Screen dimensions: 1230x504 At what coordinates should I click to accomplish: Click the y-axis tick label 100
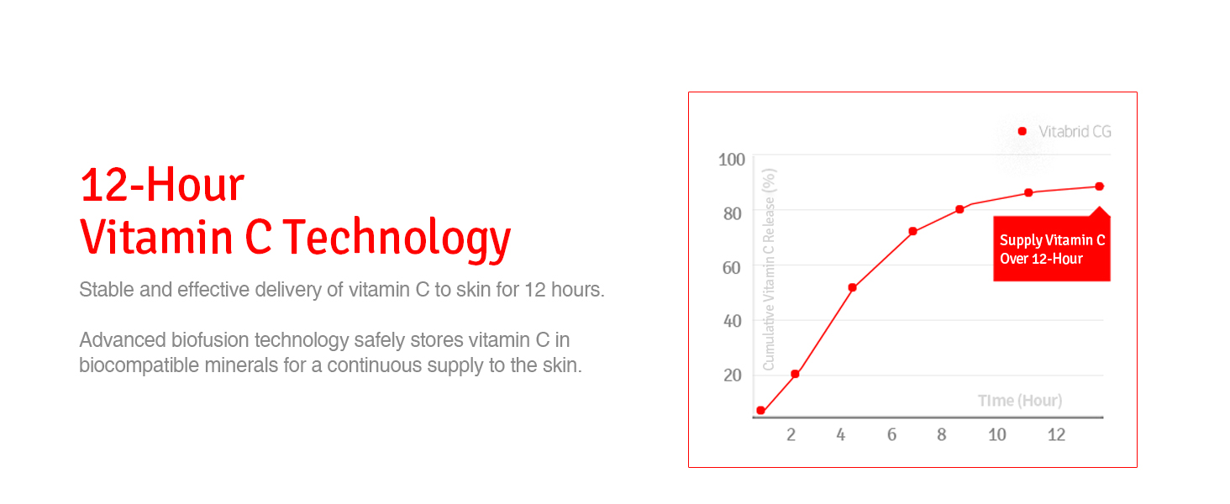(x=732, y=160)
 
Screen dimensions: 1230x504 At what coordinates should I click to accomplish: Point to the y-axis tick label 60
(x=732, y=268)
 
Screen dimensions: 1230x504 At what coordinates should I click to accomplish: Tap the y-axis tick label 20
(x=733, y=375)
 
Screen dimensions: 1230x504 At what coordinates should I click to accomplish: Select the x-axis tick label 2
(x=791, y=435)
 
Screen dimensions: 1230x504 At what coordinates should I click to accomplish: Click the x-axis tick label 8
(x=941, y=435)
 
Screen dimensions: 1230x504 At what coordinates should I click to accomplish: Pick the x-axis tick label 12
(x=1056, y=435)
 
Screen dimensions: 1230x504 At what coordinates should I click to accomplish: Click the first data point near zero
(x=760, y=410)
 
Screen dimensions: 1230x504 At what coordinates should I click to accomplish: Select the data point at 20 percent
(x=795, y=374)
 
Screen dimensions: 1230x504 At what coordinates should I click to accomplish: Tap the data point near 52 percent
(x=852, y=287)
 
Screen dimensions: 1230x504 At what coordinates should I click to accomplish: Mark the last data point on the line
(x=1099, y=186)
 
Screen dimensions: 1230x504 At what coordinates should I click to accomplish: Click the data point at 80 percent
(x=959, y=209)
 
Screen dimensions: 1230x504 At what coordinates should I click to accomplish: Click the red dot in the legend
(x=1022, y=131)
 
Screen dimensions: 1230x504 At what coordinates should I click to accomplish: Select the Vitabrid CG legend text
(x=1075, y=132)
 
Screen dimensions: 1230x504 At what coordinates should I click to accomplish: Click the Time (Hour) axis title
(x=1020, y=400)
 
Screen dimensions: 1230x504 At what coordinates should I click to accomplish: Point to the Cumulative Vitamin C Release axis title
(x=769, y=270)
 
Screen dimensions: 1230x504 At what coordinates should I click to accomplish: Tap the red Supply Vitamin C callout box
(x=1052, y=248)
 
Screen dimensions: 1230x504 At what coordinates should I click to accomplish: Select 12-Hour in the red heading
(x=162, y=185)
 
